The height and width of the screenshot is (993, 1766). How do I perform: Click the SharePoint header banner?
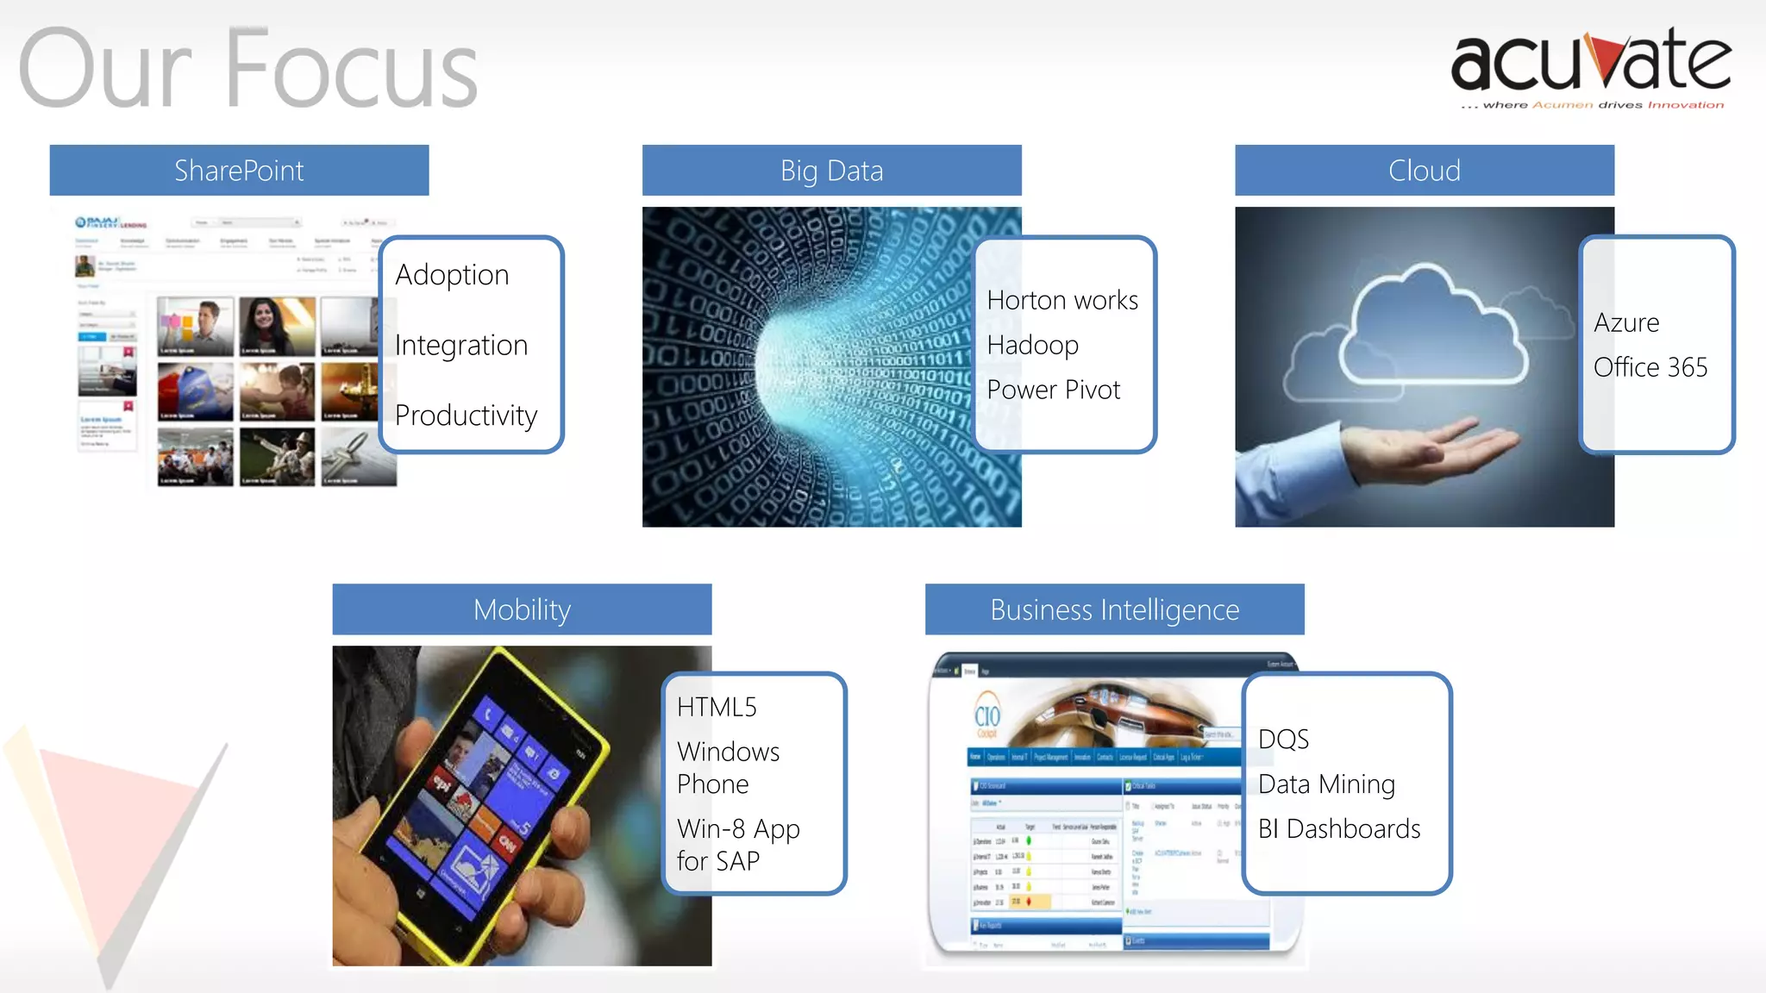coord(239,171)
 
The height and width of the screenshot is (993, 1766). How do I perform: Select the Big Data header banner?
coord(831,171)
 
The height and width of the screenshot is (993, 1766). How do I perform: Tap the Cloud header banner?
coord(1424,171)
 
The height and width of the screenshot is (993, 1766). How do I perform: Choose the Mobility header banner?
coord(522,609)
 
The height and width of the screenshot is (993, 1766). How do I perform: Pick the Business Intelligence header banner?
coord(1114,609)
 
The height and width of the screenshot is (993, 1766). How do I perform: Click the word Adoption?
coord(452,275)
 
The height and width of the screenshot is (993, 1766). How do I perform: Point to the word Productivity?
coord(466,415)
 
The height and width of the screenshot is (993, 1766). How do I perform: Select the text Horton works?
coord(1062,300)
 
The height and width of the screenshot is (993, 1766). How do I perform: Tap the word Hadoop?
coord(1032,345)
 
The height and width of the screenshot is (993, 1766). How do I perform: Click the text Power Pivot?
coord(1053,390)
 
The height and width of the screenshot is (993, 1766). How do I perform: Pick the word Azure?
coord(1626,322)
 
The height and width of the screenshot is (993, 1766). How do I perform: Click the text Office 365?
coord(1650,367)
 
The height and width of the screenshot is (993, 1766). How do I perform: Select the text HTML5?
coord(717,707)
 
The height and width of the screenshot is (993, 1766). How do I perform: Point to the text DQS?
coord(1283,739)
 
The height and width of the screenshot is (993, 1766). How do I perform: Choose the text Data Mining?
coord(1326,784)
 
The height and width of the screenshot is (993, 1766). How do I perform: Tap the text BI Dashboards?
coord(1338,828)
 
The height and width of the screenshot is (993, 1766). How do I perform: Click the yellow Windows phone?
coord(483,802)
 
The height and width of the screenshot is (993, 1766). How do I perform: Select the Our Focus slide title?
coord(248,69)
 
